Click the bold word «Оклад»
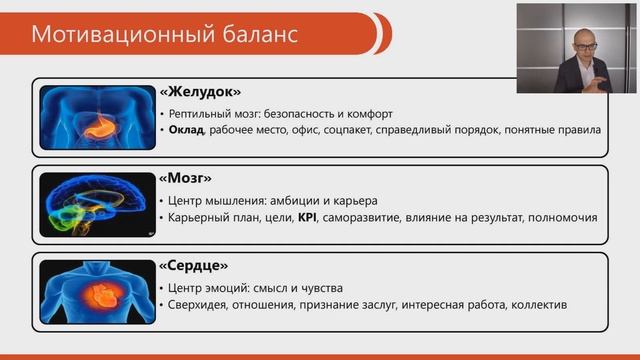[188, 130]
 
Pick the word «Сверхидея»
[204, 304]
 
